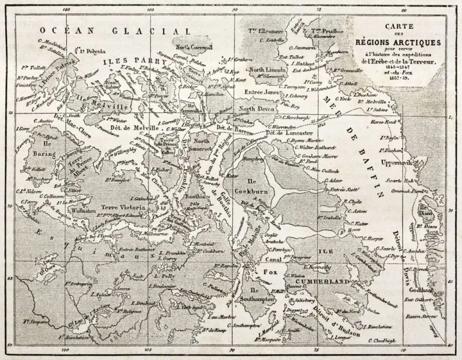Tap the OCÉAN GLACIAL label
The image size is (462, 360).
coord(114,31)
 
